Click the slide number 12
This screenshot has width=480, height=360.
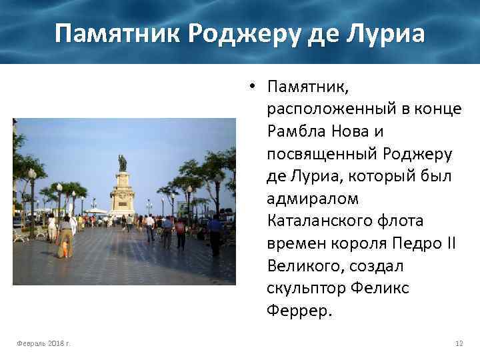[459, 343]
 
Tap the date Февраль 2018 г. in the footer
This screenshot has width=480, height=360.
[45, 343]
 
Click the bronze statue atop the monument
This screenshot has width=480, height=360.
[122, 161]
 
